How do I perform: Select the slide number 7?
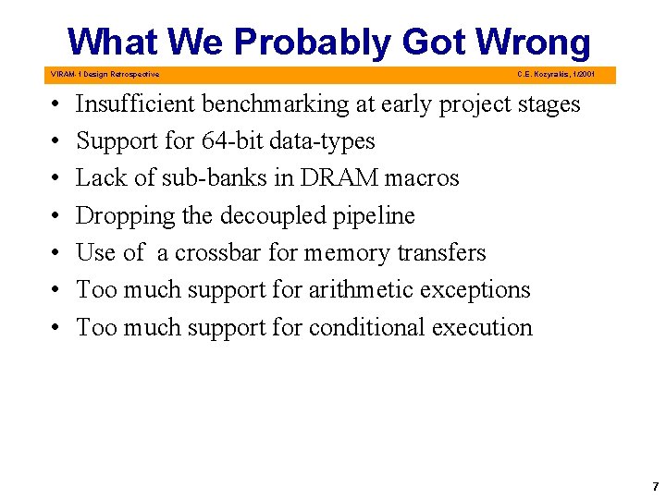[x=655, y=486]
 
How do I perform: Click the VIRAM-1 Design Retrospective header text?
[x=104, y=74]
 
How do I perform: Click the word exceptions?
[x=474, y=289]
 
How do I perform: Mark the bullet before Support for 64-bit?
[x=56, y=142]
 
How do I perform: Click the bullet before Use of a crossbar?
[x=56, y=253]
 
